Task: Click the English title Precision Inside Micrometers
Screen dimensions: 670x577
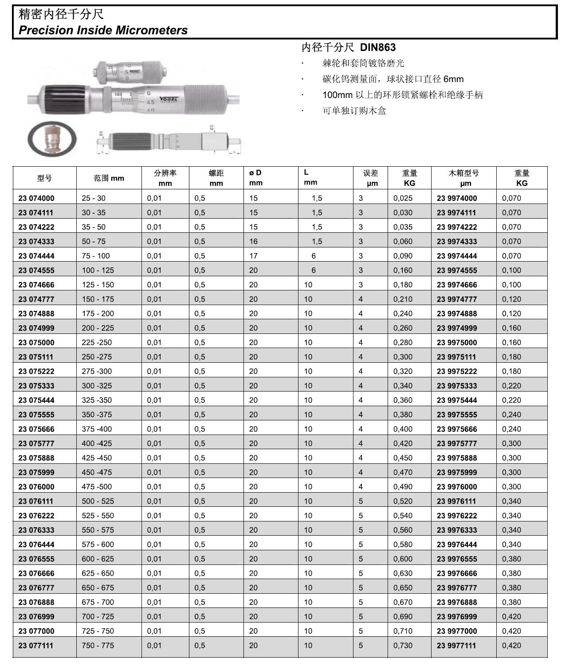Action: pyautogui.click(x=103, y=30)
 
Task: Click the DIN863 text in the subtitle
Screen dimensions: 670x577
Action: pyautogui.click(x=377, y=47)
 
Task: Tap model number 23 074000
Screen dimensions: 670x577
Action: pyautogui.click(x=36, y=198)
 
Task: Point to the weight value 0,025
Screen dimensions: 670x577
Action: pyautogui.click(x=403, y=198)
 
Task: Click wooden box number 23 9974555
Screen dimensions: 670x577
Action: pyautogui.click(x=457, y=270)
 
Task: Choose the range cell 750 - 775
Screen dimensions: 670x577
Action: pyautogui.click(x=98, y=646)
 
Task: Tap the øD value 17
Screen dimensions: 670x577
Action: pyautogui.click(x=253, y=256)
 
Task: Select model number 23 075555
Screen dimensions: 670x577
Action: pyautogui.click(x=36, y=415)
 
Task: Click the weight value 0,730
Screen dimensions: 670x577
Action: pyautogui.click(x=403, y=646)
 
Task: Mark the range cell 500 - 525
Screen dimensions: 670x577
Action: pyautogui.click(x=98, y=501)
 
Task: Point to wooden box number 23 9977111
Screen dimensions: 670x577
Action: pyautogui.click(x=457, y=646)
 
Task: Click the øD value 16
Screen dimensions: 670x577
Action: pyautogui.click(x=253, y=242)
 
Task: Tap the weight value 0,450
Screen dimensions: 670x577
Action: pyautogui.click(x=403, y=458)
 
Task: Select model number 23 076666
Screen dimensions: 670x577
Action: pyautogui.click(x=36, y=573)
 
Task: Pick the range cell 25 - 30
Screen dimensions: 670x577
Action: pyautogui.click(x=94, y=198)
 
